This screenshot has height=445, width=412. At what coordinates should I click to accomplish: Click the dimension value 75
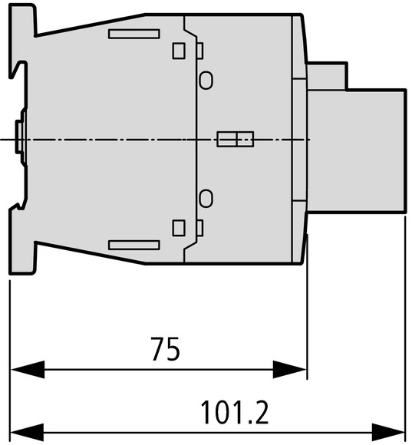click(x=166, y=349)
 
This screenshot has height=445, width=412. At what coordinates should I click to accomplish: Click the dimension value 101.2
click(x=234, y=412)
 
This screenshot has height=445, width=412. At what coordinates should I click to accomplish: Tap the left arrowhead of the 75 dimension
click(x=28, y=370)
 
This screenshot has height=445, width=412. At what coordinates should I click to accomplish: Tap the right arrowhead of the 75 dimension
click(x=290, y=370)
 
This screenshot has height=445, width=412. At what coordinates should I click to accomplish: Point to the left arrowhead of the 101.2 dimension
click(x=27, y=433)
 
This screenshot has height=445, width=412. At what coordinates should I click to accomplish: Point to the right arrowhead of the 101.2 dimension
click(x=388, y=433)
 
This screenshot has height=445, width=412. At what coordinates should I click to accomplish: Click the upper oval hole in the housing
click(x=206, y=81)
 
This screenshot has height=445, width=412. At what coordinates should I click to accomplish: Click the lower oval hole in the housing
click(x=206, y=199)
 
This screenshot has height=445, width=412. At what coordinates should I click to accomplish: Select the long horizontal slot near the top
click(x=134, y=34)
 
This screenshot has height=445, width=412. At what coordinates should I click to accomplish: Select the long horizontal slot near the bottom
click(x=134, y=245)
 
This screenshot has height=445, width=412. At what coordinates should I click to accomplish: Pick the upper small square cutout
click(x=179, y=51)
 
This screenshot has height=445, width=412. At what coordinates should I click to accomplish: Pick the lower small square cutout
click(x=179, y=228)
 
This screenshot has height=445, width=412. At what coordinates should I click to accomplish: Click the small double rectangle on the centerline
click(x=236, y=139)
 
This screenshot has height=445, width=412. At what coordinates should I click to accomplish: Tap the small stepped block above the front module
click(x=327, y=76)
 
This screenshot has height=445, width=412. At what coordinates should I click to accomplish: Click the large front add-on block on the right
click(x=357, y=150)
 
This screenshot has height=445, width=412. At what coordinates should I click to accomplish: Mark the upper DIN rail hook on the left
click(x=18, y=70)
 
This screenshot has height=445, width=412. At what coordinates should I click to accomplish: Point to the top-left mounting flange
click(x=23, y=21)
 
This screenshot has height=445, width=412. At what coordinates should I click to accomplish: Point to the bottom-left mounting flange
click(x=23, y=258)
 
